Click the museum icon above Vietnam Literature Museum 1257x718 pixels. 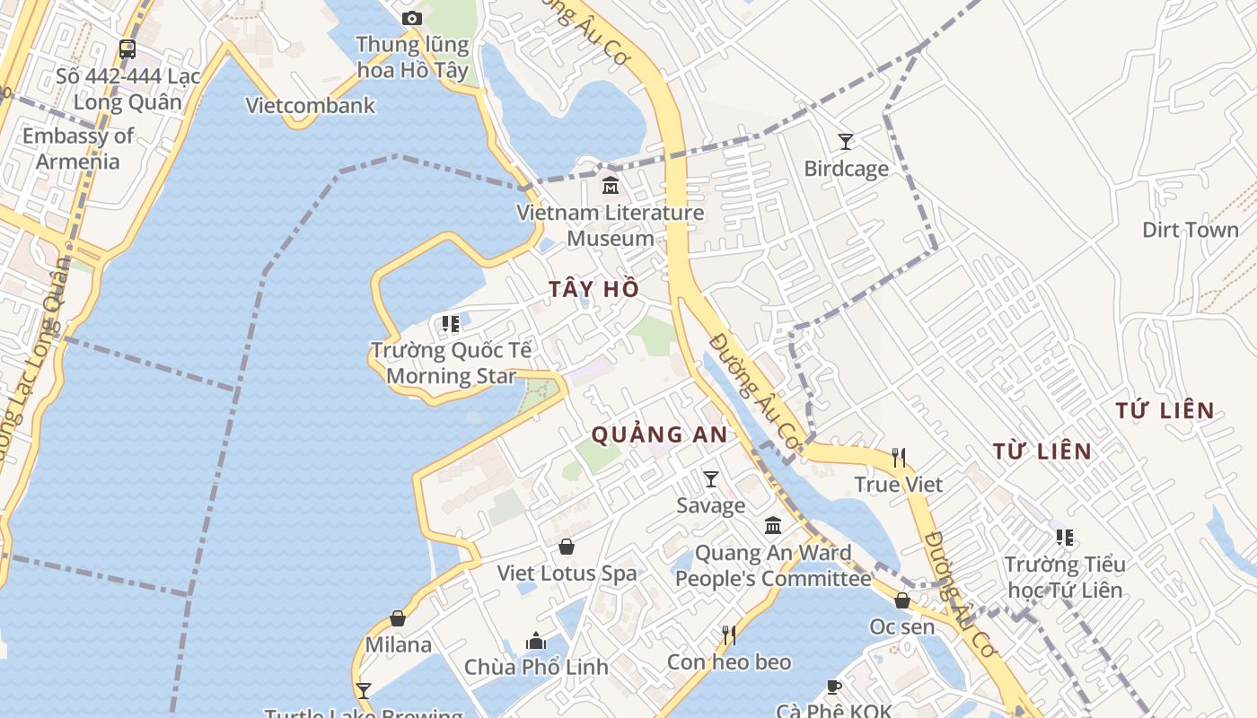(611, 186)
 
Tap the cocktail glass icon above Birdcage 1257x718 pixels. (845, 141)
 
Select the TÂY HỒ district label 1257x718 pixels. (594, 289)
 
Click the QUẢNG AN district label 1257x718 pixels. (659, 435)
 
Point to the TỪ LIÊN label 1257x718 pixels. (1042, 451)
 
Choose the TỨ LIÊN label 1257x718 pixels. (1165, 411)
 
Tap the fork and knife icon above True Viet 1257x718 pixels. (898, 458)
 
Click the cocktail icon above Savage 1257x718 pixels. (710, 479)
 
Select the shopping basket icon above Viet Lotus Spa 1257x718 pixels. (567, 546)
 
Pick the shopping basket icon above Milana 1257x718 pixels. (398, 618)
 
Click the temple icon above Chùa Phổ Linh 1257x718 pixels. (536, 641)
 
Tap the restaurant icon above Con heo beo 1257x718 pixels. (728, 635)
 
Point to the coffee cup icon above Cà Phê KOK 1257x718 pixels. (833, 687)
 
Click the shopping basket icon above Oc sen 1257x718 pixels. (901, 600)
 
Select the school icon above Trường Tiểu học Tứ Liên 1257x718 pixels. (1064, 538)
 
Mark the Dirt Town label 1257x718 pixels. (1190, 230)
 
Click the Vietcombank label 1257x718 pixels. (311, 106)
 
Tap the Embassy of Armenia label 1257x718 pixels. (77, 149)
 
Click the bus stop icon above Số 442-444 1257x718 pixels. (127, 49)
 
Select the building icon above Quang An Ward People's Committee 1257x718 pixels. (772, 526)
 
